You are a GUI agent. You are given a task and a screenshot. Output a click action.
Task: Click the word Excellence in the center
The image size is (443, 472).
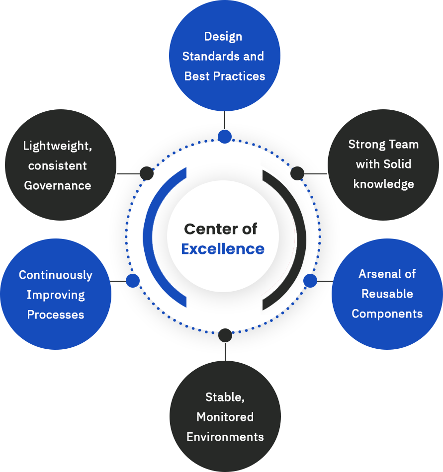(x=222, y=249)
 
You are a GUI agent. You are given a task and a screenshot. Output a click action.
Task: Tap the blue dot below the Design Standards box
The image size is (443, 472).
(x=225, y=137)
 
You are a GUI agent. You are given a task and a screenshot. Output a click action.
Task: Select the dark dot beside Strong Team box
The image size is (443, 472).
(x=297, y=173)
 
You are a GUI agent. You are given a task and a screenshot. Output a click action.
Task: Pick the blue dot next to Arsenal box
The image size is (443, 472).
(x=310, y=281)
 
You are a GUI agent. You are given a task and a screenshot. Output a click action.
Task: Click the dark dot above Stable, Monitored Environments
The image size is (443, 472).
(x=225, y=335)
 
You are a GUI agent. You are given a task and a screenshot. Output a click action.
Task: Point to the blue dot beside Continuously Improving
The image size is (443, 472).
(x=133, y=281)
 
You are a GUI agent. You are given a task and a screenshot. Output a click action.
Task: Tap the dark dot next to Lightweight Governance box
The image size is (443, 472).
(x=146, y=173)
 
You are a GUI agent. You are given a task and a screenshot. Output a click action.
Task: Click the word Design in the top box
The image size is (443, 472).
(x=223, y=37)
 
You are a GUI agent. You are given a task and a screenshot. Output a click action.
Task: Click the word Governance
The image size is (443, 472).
(x=58, y=186)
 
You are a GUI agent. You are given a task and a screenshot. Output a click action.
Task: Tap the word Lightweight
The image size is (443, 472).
(x=58, y=146)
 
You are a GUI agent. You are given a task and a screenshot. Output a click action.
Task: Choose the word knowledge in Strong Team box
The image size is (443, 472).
(x=383, y=184)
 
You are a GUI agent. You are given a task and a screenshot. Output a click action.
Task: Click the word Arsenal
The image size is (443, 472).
(x=381, y=274)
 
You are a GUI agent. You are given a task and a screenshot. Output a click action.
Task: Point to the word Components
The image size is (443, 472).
(x=387, y=314)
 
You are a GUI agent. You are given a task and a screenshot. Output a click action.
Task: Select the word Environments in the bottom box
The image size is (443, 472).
(x=225, y=437)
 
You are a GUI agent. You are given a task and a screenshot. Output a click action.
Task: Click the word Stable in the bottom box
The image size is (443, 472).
(x=224, y=397)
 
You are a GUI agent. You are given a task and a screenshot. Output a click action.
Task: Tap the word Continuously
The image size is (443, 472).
(x=56, y=275)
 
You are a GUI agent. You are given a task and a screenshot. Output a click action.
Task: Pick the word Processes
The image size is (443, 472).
(x=56, y=315)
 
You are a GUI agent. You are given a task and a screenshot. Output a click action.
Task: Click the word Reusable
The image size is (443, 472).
(x=387, y=294)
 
